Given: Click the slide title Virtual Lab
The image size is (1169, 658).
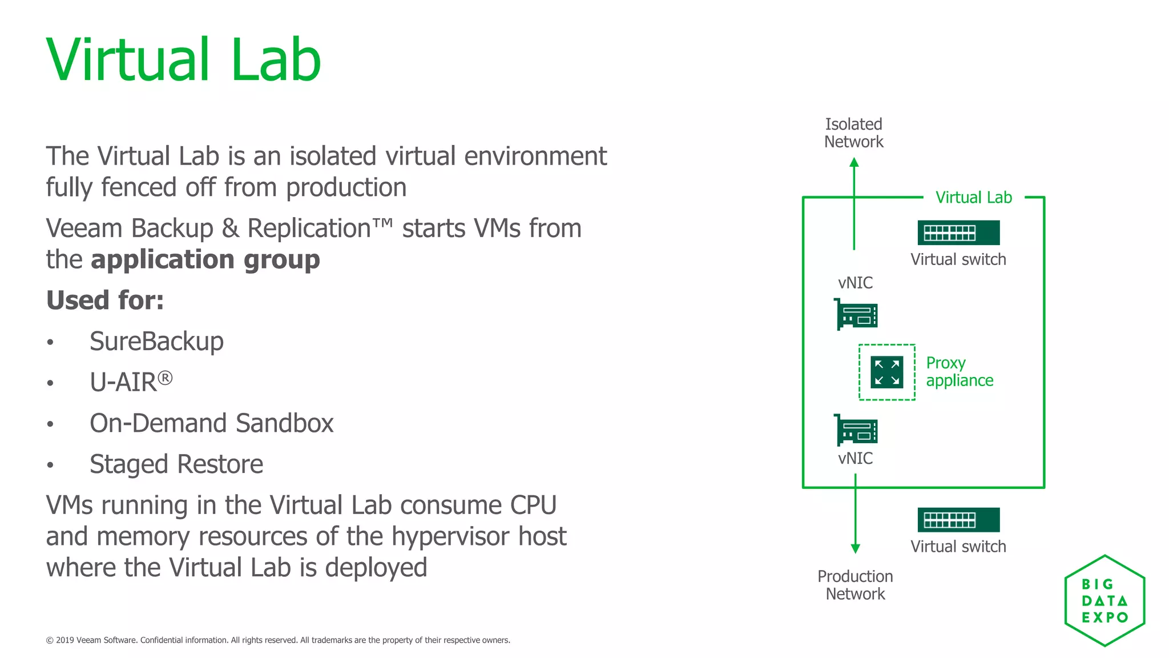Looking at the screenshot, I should [184, 61].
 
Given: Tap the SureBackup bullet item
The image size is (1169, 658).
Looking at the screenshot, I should [156, 342].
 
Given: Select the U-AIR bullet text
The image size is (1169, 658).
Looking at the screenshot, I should [131, 382].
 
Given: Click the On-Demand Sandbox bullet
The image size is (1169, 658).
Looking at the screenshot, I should [211, 423].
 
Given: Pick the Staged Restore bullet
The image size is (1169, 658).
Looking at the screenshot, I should [176, 464].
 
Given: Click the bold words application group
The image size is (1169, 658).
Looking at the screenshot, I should [205, 260].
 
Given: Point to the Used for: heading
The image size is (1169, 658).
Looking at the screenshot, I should [105, 300].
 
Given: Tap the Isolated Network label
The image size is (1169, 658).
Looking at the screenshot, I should [853, 133].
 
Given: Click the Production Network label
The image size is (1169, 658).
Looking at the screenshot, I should [855, 585].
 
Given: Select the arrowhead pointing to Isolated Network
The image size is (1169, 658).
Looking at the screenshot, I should [854, 162].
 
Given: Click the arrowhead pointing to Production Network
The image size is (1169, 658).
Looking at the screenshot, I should [855, 549].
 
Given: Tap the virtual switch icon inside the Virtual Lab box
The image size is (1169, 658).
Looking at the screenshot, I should [958, 232].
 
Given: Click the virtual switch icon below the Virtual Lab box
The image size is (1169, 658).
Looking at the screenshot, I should [958, 520].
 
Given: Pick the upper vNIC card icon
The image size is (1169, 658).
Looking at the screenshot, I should [856, 314].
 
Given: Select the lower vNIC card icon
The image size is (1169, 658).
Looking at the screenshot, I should [856, 430].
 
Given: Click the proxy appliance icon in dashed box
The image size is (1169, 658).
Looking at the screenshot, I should [886, 372].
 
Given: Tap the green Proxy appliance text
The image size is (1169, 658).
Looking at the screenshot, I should [959, 372].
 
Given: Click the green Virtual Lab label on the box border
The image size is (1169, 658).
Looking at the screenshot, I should [973, 198].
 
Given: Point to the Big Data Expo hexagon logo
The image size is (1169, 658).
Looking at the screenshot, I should [1104, 600].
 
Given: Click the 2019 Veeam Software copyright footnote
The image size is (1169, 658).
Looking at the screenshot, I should [278, 640].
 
